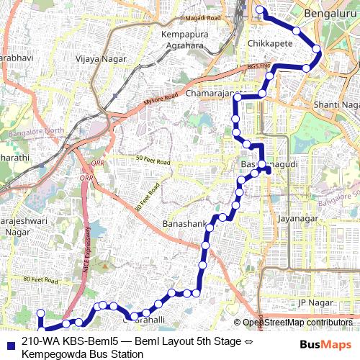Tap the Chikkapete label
pos(267,44)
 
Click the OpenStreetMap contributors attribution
pos(297,322)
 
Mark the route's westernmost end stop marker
pos(41,313)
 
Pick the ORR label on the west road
pos(86,176)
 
